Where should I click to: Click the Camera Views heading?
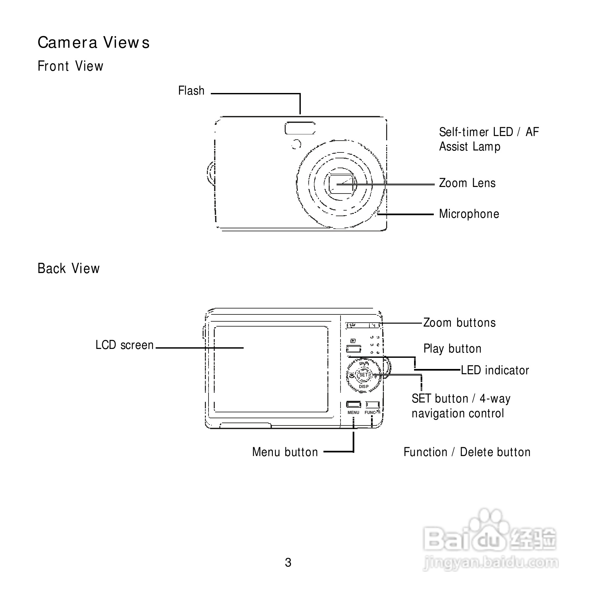(94, 43)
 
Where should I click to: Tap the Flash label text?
(191, 91)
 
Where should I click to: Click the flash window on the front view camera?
(300, 128)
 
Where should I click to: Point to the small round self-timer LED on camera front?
(297, 144)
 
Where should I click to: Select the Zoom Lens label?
(467, 183)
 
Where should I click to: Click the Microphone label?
(469, 214)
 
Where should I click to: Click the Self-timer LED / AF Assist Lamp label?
(489, 139)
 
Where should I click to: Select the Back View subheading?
(69, 268)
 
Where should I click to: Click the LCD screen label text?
(124, 345)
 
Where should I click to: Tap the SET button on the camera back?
(364, 375)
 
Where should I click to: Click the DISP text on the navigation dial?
(364, 387)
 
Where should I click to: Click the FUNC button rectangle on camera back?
(373, 404)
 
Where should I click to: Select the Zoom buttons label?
(459, 323)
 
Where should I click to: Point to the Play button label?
(452, 349)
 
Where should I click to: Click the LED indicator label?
(495, 370)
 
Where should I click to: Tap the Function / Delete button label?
(467, 452)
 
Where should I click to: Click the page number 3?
(288, 563)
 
